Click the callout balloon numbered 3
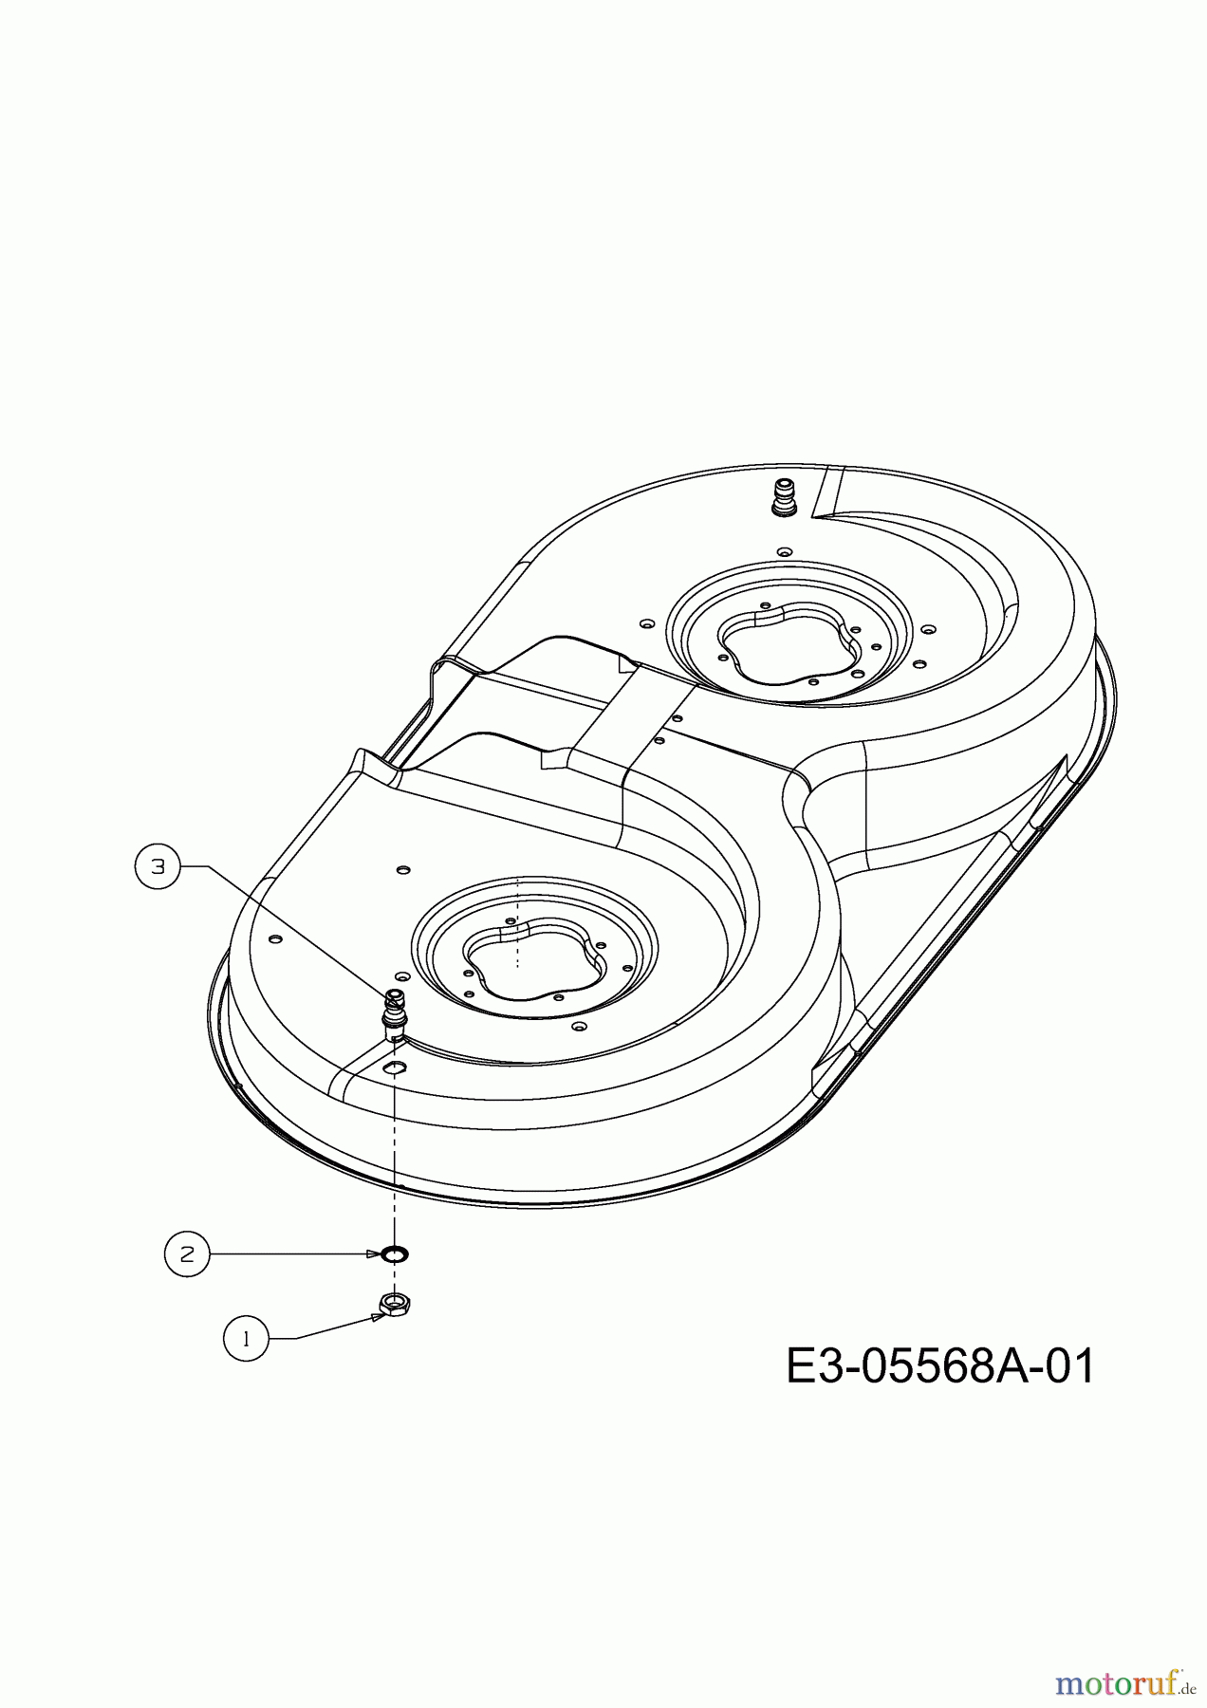158,866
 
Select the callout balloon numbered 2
187,1253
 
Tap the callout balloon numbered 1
247,1339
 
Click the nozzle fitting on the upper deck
785,499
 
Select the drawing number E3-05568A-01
940,1367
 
